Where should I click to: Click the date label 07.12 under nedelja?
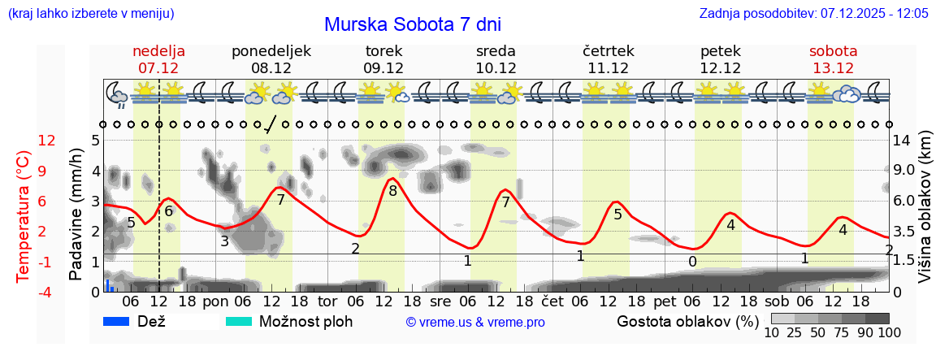pos(158,68)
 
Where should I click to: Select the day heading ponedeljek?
pos(271,50)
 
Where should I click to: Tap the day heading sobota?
pos(834,50)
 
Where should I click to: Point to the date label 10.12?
pos(496,68)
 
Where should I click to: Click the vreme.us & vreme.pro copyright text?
pos(475,323)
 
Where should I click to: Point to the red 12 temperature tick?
pos(47,141)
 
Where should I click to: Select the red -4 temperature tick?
pos(47,292)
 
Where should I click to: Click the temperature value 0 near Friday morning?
pos(692,262)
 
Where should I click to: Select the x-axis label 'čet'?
pos(552,301)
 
